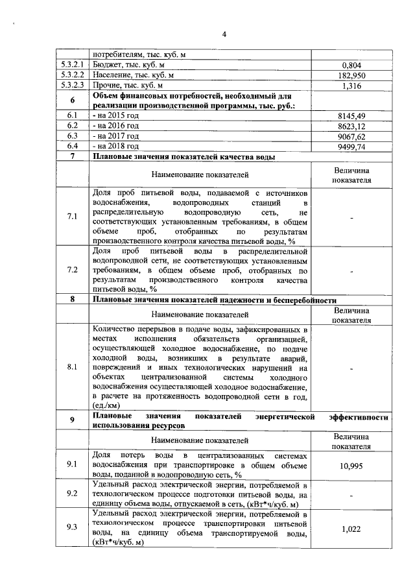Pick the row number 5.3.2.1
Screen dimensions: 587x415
pos(72,66)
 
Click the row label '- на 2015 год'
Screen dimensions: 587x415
pos(117,115)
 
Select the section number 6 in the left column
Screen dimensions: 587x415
pos(72,100)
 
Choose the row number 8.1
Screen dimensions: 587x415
pos(72,367)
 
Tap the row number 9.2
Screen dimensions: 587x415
pos(72,494)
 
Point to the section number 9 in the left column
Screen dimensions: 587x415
pos(72,420)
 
